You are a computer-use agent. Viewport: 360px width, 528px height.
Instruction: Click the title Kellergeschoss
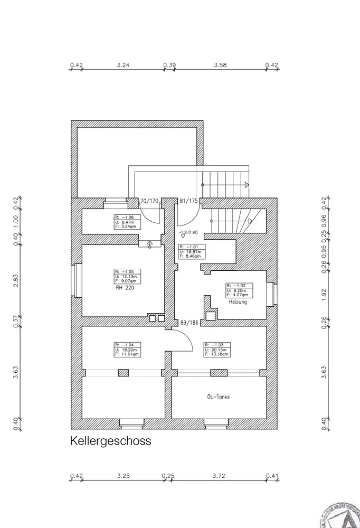111,441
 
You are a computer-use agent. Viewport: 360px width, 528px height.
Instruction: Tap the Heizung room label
239,303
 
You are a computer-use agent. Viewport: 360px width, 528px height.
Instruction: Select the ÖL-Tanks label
218,397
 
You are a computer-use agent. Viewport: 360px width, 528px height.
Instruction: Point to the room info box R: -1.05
128,277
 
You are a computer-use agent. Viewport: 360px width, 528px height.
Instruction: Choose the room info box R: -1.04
128,350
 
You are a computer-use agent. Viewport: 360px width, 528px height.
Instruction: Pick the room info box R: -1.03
217,350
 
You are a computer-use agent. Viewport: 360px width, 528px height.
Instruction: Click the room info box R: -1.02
239,290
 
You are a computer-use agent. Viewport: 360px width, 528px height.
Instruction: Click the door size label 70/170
149,201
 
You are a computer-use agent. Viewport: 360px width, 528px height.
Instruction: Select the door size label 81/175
188,201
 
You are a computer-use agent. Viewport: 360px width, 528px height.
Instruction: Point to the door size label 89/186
189,322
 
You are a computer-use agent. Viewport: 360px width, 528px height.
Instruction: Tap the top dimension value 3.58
220,65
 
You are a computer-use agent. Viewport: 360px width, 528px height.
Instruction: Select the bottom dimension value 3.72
219,476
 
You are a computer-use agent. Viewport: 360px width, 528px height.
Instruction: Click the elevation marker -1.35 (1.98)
188,232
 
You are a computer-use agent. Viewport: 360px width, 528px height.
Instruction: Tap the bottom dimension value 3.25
124,476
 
